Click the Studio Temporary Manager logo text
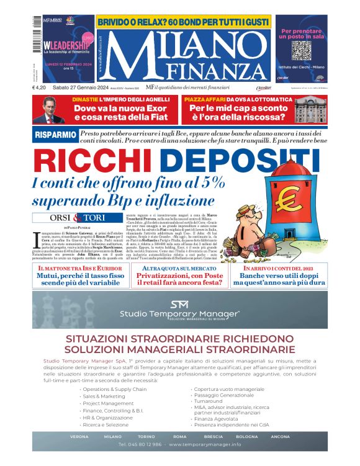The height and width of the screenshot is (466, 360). (x=179, y=314)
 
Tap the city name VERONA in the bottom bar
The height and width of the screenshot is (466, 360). (x=79, y=436)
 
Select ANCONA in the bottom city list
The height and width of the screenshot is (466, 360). (x=280, y=436)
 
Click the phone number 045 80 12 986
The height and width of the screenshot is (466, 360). (x=140, y=445)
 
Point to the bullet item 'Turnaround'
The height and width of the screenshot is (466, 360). (x=209, y=401)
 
